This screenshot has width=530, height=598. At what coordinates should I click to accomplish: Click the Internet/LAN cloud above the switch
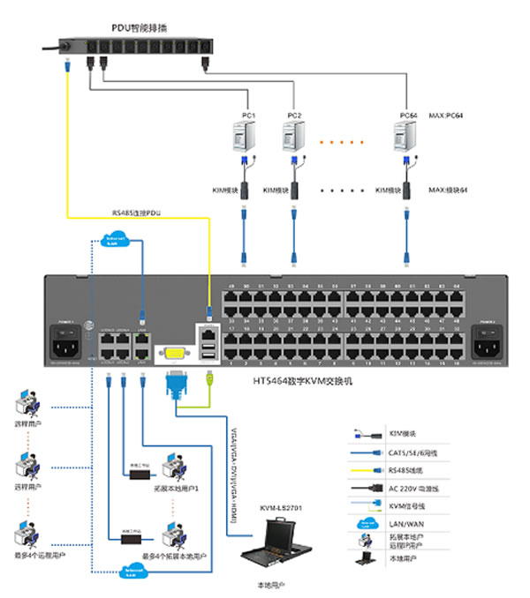[114, 240]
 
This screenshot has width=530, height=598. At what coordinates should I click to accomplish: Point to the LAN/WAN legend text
[401, 524]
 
